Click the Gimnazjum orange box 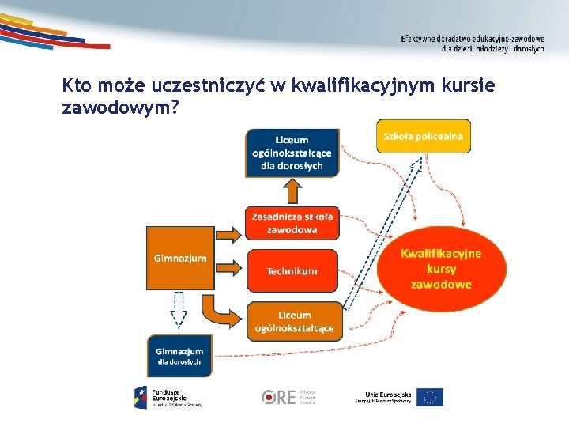click(x=180, y=258)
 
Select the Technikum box click(x=292, y=271)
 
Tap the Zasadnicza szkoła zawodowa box click(x=292, y=223)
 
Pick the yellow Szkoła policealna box click(x=423, y=137)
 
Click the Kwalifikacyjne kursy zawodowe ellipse click(x=441, y=269)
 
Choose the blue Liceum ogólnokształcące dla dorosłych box click(x=292, y=151)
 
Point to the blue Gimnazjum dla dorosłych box click(x=179, y=356)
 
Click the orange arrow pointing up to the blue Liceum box click(x=292, y=191)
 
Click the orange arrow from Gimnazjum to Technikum click(x=230, y=270)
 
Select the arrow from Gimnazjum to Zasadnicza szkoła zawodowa click(x=230, y=234)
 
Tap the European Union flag click(x=431, y=397)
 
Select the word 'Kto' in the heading click(x=77, y=85)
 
